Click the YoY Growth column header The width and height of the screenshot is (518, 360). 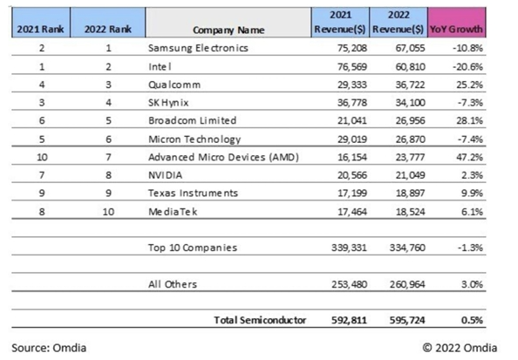click(x=456, y=30)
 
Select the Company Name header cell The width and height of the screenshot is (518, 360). click(x=228, y=30)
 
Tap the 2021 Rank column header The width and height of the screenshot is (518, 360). click(x=40, y=30)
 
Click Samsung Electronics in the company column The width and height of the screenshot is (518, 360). click(x=198, y=48)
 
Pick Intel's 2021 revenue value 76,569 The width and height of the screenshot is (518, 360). click(x=352, y=67)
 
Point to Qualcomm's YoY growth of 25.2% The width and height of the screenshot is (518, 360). click(x=470, y=85)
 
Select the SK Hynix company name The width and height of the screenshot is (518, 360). click(x=168, y=103)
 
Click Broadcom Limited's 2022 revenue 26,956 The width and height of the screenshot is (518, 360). click(x=411, y=120)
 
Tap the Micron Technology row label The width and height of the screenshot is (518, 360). click(x=194, y=139)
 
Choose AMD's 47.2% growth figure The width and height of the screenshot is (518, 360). click(x=470, y=157)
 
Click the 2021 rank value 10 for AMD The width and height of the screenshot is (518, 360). click(x=42, y=157)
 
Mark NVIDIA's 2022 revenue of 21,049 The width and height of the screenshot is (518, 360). click(x=411, y=175)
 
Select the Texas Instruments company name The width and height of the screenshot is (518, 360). click(x=194, y=194)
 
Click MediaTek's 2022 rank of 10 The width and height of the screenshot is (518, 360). click(x=108, y=212)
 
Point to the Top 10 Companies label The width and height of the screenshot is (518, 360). click(x=193, y=248)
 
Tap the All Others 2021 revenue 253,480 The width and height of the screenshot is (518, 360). click(x=349, y=284)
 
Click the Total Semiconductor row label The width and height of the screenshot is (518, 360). click(x=260, y=320)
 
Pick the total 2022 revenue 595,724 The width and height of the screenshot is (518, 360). click(x=407, y=320)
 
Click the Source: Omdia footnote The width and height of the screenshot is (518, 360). click(x=49, y=348)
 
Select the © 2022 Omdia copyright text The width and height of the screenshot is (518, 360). click(x=460, y=348)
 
